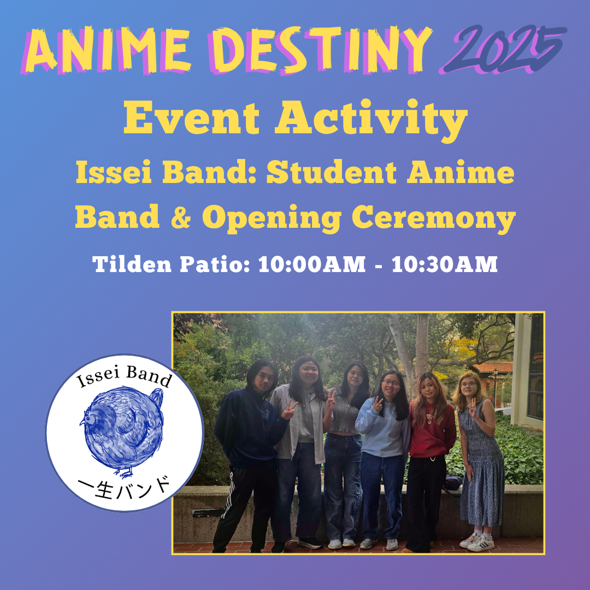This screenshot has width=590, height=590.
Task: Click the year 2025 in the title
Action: click(503, 49)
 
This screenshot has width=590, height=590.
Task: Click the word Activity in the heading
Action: click(371, 120)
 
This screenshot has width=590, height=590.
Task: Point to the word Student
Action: click(331, 173)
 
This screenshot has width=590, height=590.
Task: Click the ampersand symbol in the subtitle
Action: click(181, 218)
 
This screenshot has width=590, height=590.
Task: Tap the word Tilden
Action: click(132, 264)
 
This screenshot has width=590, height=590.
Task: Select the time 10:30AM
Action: click(444, 264)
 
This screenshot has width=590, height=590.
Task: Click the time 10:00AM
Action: click(312, 264)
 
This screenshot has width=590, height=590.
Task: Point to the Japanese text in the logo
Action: click(125, 488)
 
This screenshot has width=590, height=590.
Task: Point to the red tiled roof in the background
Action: click(492, 367)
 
